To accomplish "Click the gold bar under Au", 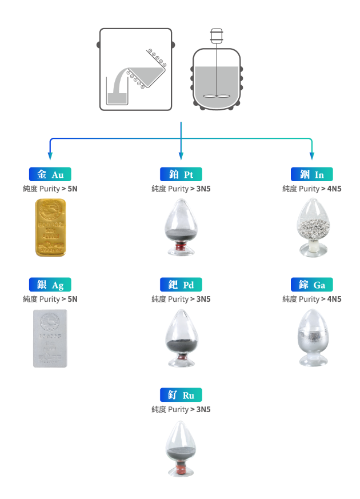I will (x=50, y=227).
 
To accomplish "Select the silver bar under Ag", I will (x=50, y=338).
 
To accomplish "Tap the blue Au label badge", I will (x=50, y=174).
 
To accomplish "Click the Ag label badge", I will (x=50, y=285).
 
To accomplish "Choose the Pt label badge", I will (x=181, y=174).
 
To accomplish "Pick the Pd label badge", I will (x=181, y=285).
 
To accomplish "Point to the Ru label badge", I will (x=181, y=395).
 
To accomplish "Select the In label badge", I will (x=311, y=174).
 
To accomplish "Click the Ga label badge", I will (x=311, y=285).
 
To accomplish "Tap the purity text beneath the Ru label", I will (x=181, y=409).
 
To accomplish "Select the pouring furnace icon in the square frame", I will (x=136, y=69).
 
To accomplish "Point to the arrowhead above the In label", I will (x=312, y=156).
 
